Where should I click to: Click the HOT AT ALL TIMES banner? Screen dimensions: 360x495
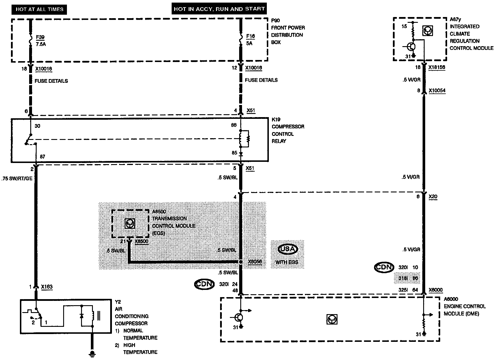coord(39,9)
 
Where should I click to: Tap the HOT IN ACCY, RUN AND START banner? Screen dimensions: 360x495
coord(219,9)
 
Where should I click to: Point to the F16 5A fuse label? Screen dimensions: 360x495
coord(250,40)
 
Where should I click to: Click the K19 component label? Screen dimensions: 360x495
coord(276,119)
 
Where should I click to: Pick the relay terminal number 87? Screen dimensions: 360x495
coord(42,157)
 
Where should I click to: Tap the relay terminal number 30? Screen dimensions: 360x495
coord(37,126)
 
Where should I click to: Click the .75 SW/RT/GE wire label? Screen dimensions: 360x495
coord(17,179)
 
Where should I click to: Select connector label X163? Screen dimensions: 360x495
coord(47,287)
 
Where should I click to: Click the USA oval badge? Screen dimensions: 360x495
coord(288,249)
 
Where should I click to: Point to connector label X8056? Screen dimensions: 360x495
coord(255,262)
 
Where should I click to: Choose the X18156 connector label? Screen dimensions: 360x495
coord(437,67)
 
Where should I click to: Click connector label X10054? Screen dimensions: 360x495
coord(437,91)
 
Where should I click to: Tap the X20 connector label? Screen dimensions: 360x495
coord(433,197)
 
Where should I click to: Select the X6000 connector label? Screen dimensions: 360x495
coord(436,290)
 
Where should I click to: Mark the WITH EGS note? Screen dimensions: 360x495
coord(287,262)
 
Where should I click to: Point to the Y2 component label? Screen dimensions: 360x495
coord(118,302)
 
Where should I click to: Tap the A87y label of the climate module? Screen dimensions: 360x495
coord(455,19)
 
